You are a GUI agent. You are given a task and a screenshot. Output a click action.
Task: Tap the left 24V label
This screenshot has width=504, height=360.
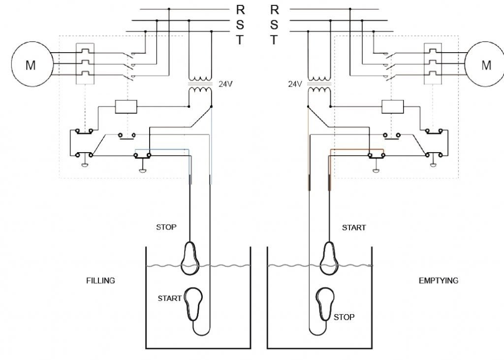click(225, 84)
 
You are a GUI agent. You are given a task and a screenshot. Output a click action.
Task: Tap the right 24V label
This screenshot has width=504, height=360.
click(295, 84)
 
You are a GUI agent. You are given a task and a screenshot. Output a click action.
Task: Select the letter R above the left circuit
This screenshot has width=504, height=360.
click(241, 10)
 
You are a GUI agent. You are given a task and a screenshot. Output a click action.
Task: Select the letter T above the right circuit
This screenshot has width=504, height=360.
click(274, 40)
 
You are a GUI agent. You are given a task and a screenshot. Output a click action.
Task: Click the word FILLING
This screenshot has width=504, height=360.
click(100, 281)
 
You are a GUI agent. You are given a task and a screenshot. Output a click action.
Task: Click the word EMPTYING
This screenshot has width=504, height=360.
click(438, 281)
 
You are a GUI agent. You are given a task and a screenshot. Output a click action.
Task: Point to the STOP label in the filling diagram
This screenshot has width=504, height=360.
click(166, 228)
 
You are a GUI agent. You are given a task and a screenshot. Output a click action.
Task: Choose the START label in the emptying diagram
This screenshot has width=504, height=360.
click(354, 228)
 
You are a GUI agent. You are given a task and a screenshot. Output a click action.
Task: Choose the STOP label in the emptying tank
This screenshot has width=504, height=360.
click(344, 317)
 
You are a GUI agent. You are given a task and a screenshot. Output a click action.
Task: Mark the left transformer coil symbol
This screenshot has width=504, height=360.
click(200, 84)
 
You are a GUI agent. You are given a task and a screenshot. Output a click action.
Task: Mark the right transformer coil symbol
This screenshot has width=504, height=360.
click(319, 84)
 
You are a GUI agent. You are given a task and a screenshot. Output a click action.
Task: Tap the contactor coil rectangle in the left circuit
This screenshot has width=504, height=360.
click(126, 106)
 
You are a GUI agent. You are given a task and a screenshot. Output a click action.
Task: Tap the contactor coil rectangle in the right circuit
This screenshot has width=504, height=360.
click(393, 106)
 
